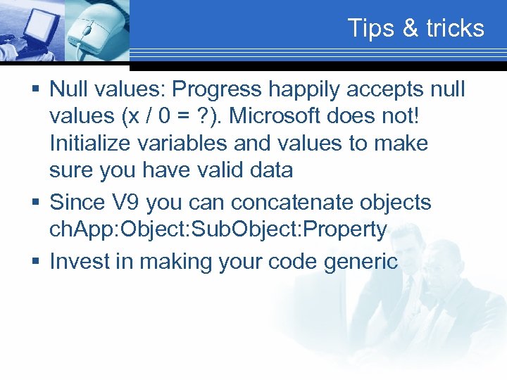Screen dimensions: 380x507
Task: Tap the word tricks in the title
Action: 456,28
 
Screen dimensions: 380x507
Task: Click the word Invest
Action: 77,261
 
